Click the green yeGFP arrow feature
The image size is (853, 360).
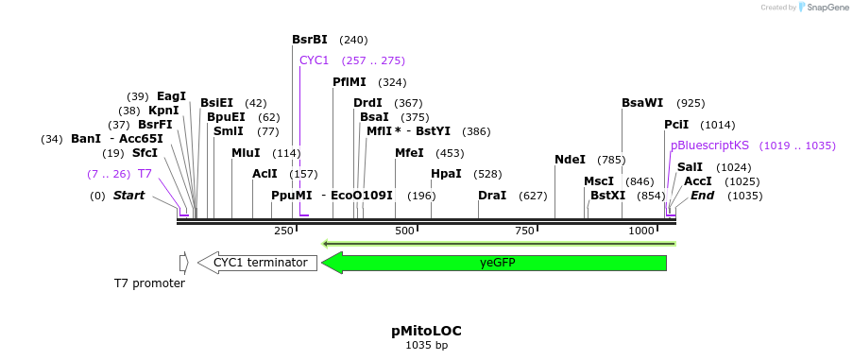click(x=495, y=263)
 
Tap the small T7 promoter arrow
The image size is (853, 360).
click(x=184, y=263)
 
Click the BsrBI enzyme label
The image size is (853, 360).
click(x=310, y=40)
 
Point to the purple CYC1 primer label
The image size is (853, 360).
click(x=314, y=60)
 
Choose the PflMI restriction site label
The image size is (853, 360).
click(x=350, y=82)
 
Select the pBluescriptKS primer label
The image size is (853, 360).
click(x=709, y=146)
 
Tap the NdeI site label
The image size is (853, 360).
click(x=570, y=160)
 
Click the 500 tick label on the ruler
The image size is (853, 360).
click(x=405, y=231)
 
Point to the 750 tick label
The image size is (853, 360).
click(x=524, y=231)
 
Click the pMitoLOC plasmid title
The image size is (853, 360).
click(x=426, y=331)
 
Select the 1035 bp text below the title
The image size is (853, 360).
click(x=426, y=346)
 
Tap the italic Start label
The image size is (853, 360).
click(x=129, y=196)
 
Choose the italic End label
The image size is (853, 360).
click(x=702, y=196)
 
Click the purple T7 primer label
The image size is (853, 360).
click(x=145, y=174)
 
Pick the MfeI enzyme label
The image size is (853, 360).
click(x=409, y=153)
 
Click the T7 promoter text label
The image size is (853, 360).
click(x=149, y=283)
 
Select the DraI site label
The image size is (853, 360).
click(x=492, y=196)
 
